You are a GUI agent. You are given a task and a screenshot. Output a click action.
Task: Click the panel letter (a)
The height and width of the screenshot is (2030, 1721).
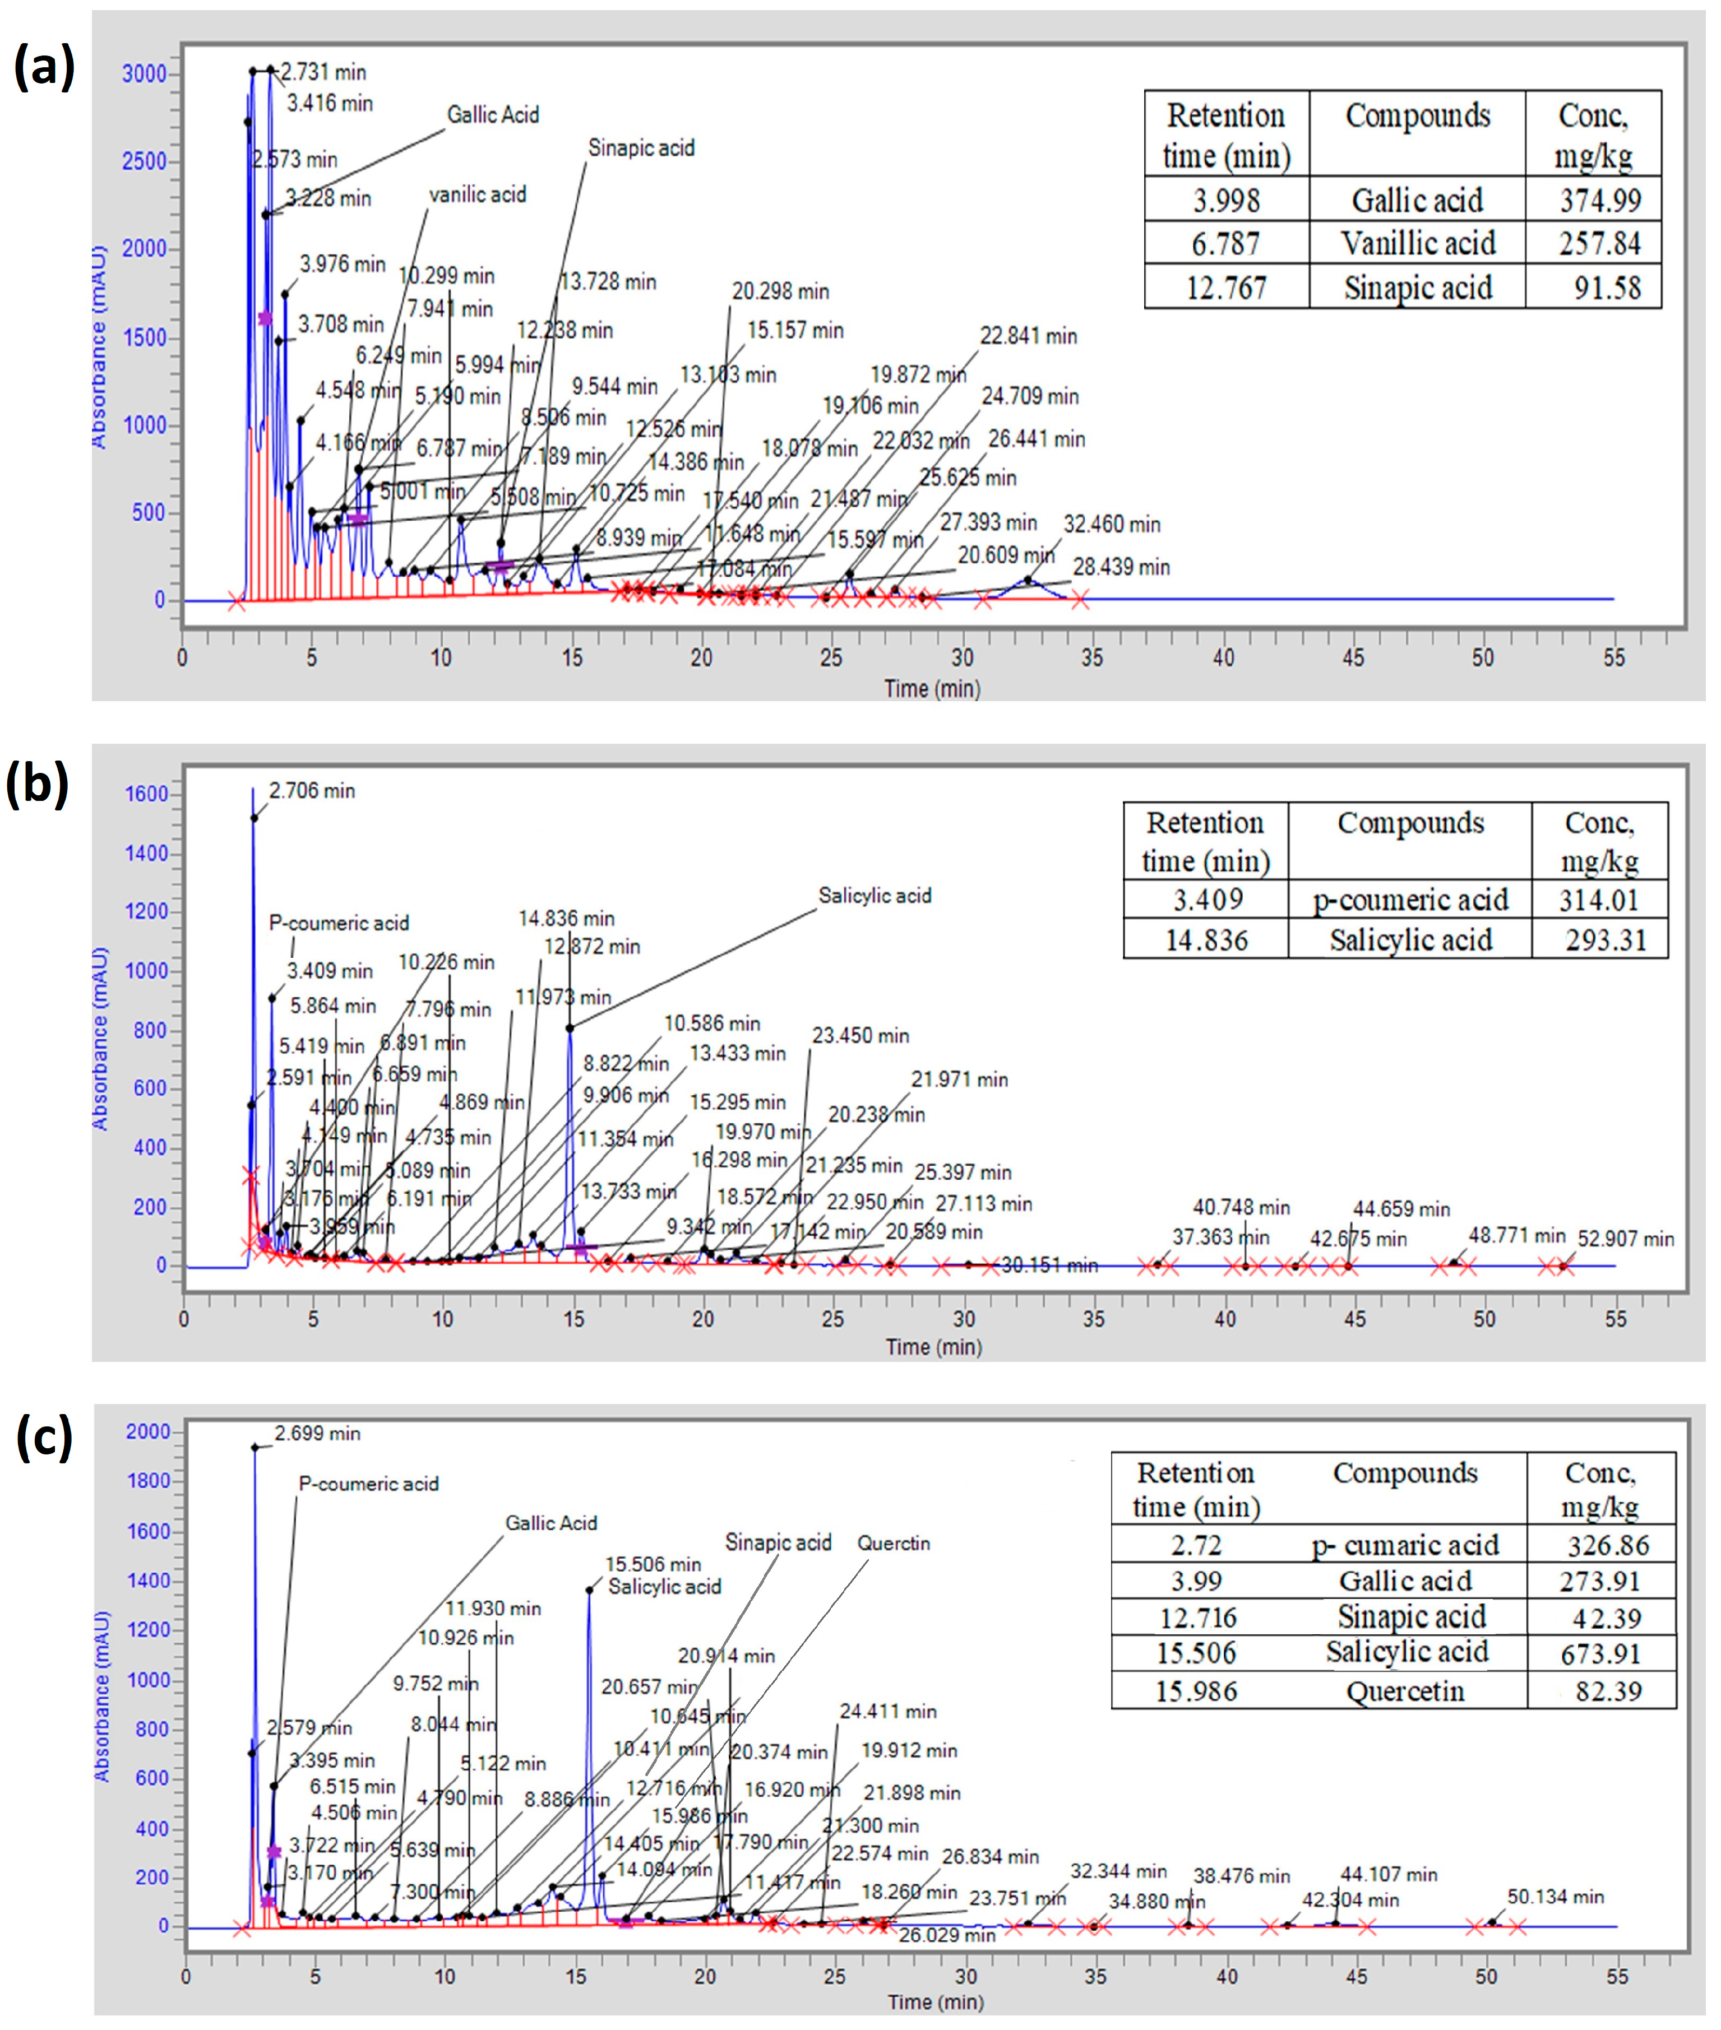(44, 70)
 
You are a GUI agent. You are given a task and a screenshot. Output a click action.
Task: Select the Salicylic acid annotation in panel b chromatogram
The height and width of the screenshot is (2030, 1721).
(874, 896)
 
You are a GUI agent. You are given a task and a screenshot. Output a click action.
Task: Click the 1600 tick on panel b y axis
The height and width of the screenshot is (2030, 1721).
(146, 794)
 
